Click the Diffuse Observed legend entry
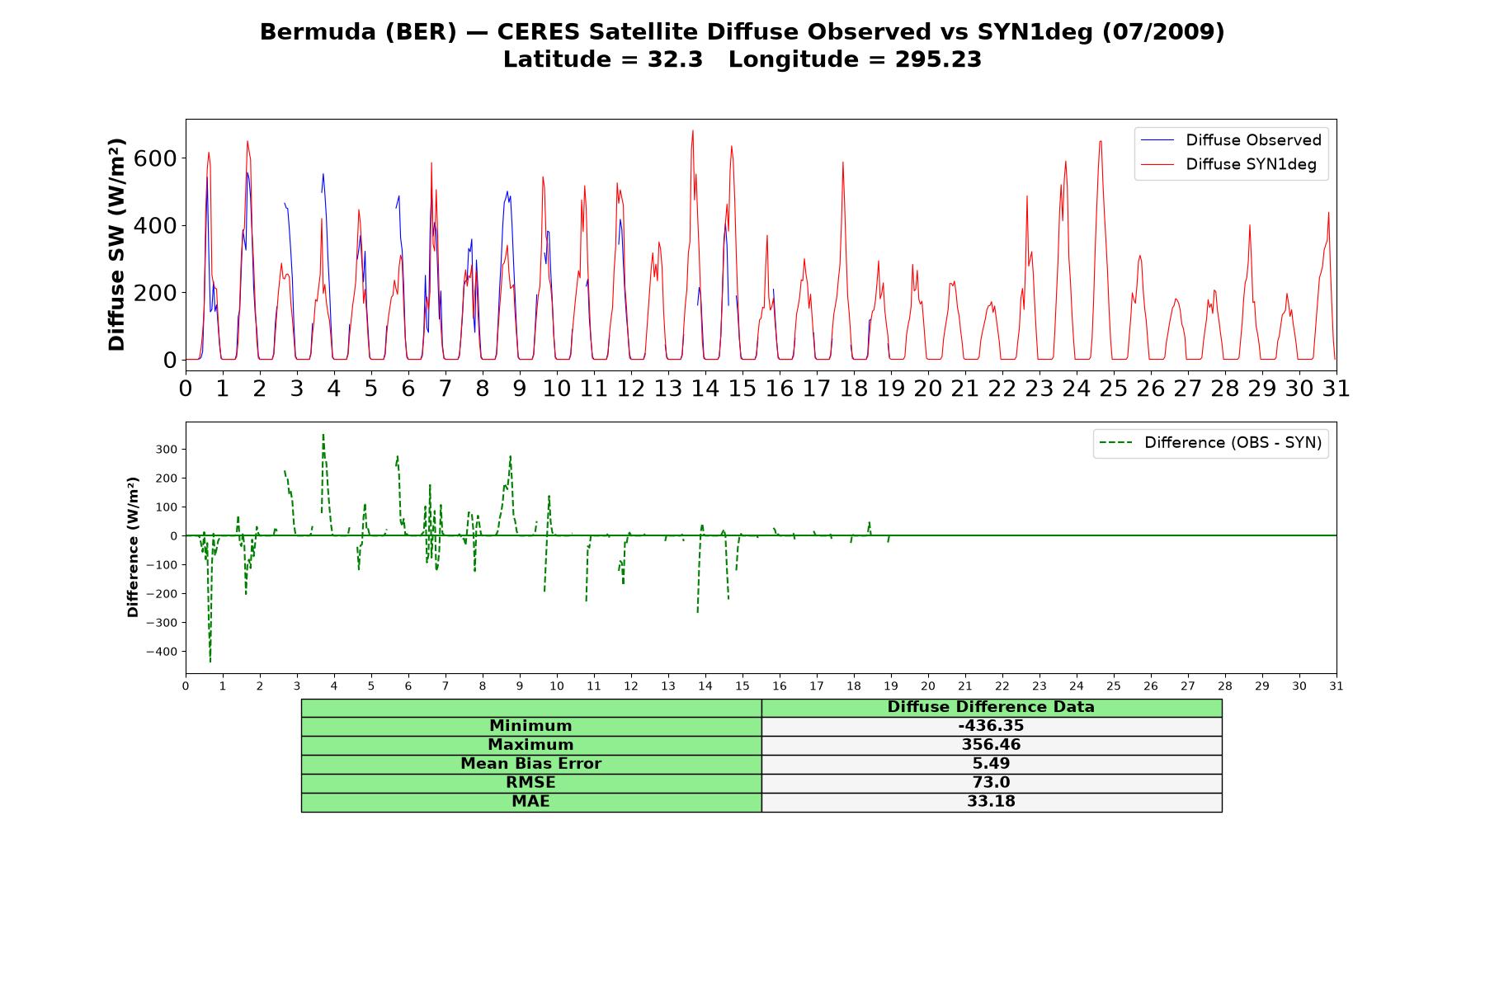tap(1231, 140)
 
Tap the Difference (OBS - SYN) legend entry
tap(1210, 443)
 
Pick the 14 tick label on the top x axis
tap(705, 389)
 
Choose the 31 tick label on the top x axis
tap(1336, 389)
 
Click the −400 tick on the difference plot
tap(162, 652)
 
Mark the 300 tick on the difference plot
tap(166, 450)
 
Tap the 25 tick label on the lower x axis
tap(1113, 686)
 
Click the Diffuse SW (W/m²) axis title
tap(117, 244)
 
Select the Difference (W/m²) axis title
tap(133, 548)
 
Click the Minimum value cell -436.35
tap(991, 726)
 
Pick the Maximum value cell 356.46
tap(991, 745)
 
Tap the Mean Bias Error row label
tap(530, 764)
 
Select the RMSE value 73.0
tap(991, 783)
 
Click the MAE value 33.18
tap(991, 802)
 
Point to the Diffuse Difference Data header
tap(991, 707)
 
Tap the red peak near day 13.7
tap(693, 130)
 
